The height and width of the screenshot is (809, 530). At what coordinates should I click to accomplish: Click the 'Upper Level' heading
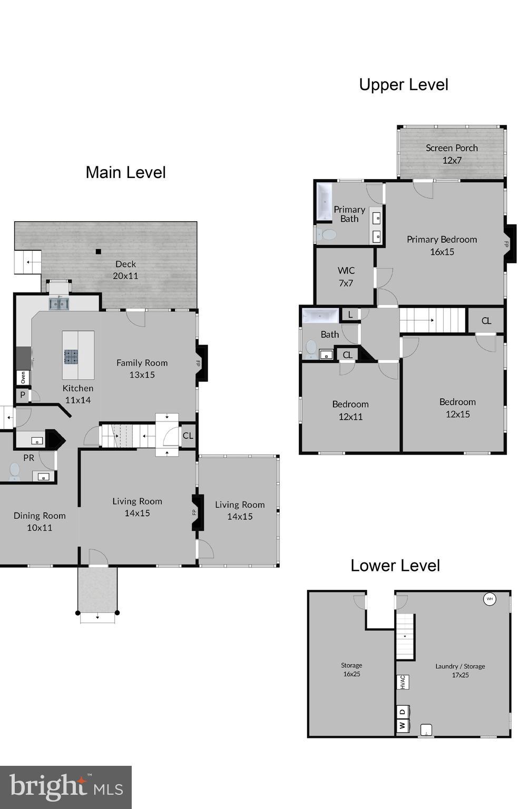[404, 85]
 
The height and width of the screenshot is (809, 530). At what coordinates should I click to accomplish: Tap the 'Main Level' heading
[125, 173]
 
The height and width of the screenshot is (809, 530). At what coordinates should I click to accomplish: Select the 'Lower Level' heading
[395, 566]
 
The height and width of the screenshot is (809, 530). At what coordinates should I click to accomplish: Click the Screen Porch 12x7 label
[452, 154]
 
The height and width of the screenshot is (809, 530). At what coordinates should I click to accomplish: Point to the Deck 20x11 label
[125, 270]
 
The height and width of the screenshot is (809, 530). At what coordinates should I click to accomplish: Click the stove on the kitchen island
[71, 357]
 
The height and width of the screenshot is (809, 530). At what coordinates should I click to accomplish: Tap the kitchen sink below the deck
[59, 303]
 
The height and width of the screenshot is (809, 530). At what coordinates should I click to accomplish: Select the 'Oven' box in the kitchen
[23, 378]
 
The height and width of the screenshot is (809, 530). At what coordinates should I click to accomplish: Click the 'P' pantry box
[23, 395]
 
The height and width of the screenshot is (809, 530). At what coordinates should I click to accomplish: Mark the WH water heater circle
[489, 599]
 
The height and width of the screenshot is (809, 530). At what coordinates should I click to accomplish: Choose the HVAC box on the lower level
[403, 682]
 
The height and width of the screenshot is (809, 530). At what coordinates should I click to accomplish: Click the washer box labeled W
[403, 726]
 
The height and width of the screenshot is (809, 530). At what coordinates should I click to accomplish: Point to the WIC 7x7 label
[346, 277]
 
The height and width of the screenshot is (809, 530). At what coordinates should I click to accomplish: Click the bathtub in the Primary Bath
[323, 202]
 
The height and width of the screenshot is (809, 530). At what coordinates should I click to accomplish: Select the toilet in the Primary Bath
[328, 234]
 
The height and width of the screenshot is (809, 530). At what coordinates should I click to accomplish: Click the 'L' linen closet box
[350, 315]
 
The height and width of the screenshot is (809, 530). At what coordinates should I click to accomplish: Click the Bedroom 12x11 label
[350, 410]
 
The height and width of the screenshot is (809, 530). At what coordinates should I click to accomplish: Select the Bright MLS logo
[66, 787]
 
